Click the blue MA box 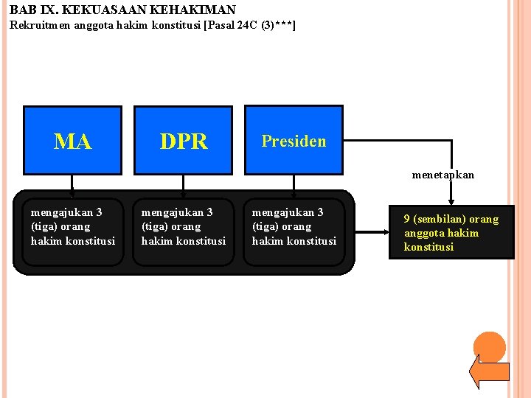point(72,140)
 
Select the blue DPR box point(183,140)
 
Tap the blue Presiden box point(294,140)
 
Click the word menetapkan point(442,175)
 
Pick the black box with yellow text point(451,232)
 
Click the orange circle point(489,347)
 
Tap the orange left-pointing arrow point(488,371)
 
